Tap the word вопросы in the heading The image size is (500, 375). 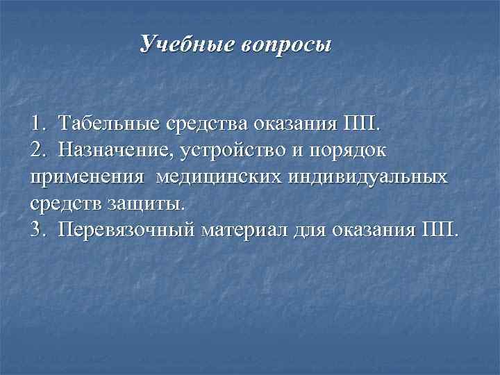pos(287,46)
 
